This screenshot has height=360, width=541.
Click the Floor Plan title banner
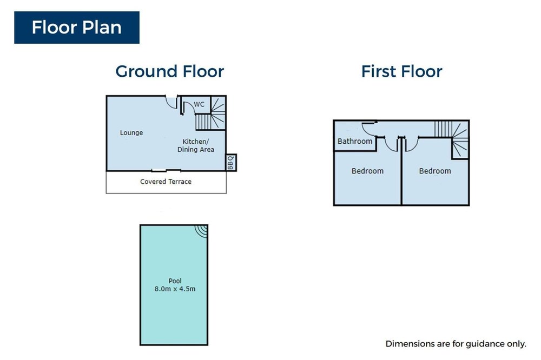coord(77,28)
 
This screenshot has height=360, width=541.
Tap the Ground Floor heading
coord(170,71)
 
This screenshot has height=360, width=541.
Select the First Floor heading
coord(401,71)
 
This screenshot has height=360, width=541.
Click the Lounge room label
coord(131,132)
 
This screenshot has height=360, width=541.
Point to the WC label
coord(199,104)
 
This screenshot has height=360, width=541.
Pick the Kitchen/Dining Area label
coord(196,145)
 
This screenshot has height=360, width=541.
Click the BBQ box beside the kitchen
coord(231,162)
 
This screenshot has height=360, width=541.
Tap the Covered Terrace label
coord(166,182)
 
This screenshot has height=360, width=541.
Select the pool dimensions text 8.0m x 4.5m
coord(175,289)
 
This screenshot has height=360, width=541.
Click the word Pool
coord(175,281)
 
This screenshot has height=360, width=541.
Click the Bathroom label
coord(355,141)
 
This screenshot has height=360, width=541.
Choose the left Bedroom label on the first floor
coord(367,171)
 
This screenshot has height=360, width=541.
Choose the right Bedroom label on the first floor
coord(435,171)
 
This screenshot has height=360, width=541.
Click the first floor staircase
coord(452,138)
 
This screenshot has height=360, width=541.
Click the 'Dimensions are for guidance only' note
coord(456,344)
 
